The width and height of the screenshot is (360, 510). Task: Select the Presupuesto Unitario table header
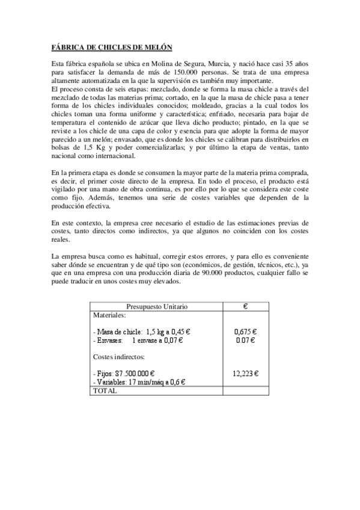156,306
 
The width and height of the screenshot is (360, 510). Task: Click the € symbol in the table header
245,306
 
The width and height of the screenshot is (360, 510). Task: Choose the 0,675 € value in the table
245,331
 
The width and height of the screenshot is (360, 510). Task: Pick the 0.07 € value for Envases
245,340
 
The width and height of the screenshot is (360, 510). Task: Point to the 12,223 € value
245,373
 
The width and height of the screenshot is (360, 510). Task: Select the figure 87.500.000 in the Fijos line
133,373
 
